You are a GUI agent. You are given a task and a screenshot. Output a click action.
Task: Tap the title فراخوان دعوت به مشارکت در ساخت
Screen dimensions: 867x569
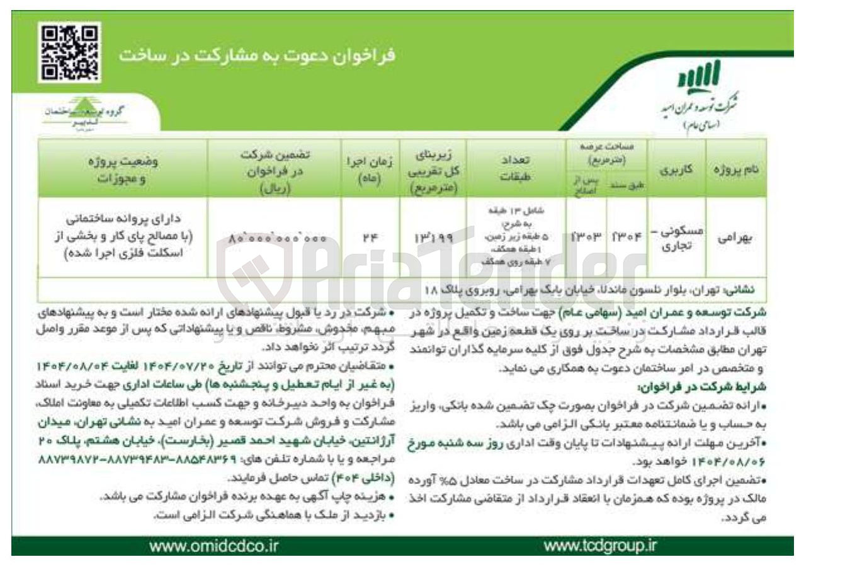pyautogui.click(x=257, y=55)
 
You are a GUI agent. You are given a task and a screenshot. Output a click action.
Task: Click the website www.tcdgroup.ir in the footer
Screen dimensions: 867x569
pyautogui.click(x=599, y=545)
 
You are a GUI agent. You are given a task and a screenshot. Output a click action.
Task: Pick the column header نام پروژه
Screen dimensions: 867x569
pyautogui.click(x=735, y=170)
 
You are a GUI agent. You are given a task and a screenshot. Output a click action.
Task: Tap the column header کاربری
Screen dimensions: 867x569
pyautogui.click(x=676, y=170)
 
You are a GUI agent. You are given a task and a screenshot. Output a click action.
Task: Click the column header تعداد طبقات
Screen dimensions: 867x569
pyautogui.click(x=514, y=169)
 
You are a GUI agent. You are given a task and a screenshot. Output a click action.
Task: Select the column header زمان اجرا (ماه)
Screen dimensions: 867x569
pyautogui.click(x=370, y=169)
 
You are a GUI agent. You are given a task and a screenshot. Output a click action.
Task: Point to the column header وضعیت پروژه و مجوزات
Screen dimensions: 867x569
pyautogui.click(x=123, y=170)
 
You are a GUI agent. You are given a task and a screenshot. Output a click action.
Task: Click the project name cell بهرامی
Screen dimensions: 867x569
pyautogui.click(x=735, y=238)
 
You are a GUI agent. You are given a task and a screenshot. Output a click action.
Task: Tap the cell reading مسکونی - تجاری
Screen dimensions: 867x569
pyautogui.click(x=676, y=238)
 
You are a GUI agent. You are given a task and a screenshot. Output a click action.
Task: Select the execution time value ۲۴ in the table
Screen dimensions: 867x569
pyautogui.click(x=370, y=238)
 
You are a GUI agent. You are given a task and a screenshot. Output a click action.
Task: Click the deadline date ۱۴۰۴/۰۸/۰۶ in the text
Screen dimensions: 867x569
pyautogui.click(x=736, y=461)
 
